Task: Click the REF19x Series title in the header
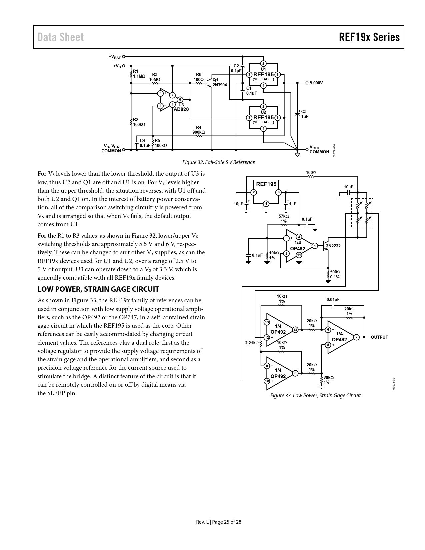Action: (369, 37)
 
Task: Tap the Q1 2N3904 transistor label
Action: (219, 83)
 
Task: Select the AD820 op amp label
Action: (181, 109)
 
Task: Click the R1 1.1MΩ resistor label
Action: (139, 74)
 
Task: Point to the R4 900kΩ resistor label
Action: (198, 130)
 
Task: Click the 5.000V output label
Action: (316, 83)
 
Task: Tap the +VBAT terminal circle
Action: (124, 57)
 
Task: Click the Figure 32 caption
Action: (218, 162)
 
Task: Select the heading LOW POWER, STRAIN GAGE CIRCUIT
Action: (98, 289)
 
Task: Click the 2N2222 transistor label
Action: (333, 246)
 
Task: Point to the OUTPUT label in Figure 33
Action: (379, 337)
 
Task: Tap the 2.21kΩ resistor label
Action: (252, 343)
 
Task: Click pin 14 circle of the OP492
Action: (295, 330)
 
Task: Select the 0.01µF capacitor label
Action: (333, 299)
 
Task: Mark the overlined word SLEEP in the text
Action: (56, 393)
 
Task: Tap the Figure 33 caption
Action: (315, 396)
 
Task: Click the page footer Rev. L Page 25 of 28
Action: (218, 522)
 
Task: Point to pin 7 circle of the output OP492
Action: (356, 337)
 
